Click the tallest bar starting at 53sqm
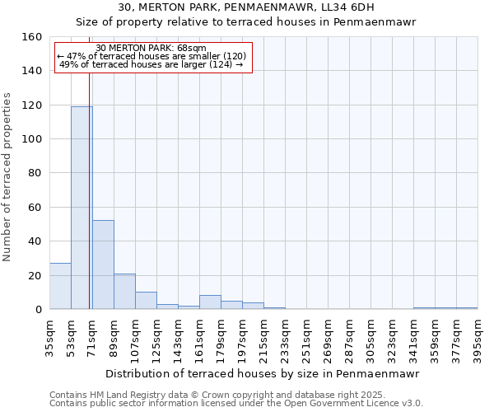[82, 208]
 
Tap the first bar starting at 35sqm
[60, 286]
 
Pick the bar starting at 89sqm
[124, 292]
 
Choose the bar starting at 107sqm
[146, 301]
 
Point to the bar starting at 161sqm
[210, 302]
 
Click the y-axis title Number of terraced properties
[7, 177]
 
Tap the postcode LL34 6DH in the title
[352, 7]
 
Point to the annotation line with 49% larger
[151, 64]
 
